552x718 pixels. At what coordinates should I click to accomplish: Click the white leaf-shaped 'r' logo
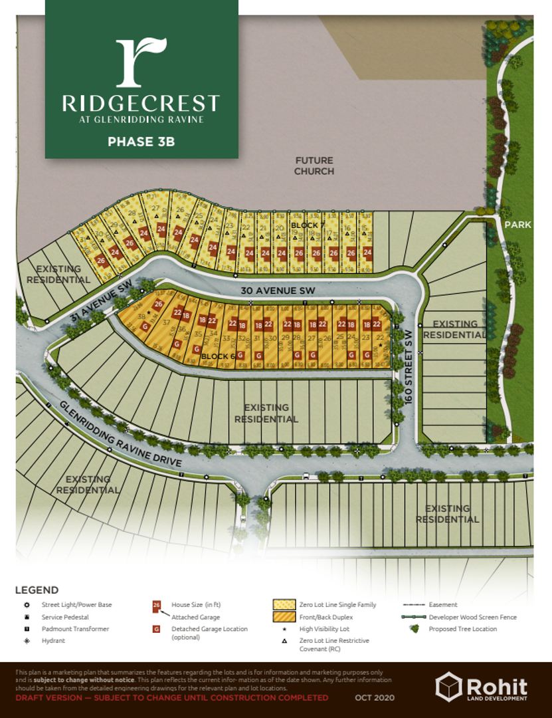point(141,62)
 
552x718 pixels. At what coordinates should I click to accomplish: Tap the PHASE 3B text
point(141,141)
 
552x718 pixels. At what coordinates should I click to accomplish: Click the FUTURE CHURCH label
point(314,166)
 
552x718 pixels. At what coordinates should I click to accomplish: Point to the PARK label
point(517,225)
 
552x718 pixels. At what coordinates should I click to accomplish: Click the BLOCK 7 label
point(306,227)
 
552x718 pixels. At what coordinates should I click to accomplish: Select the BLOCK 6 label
point(218,356)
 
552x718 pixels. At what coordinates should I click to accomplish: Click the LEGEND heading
point(37,590)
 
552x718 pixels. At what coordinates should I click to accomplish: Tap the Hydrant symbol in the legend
point(26,640)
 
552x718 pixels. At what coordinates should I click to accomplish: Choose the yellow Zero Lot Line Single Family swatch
point(284,605)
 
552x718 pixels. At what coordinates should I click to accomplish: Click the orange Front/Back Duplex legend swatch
point(284,617)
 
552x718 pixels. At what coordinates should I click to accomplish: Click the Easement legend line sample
point(414,605)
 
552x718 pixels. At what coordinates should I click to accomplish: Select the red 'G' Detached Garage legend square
point(157,629)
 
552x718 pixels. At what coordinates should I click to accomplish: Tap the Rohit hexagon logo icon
point(448,685)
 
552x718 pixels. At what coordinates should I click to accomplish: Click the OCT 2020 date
point(373,697)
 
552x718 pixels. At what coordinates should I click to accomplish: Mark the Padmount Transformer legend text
point(75,629)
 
